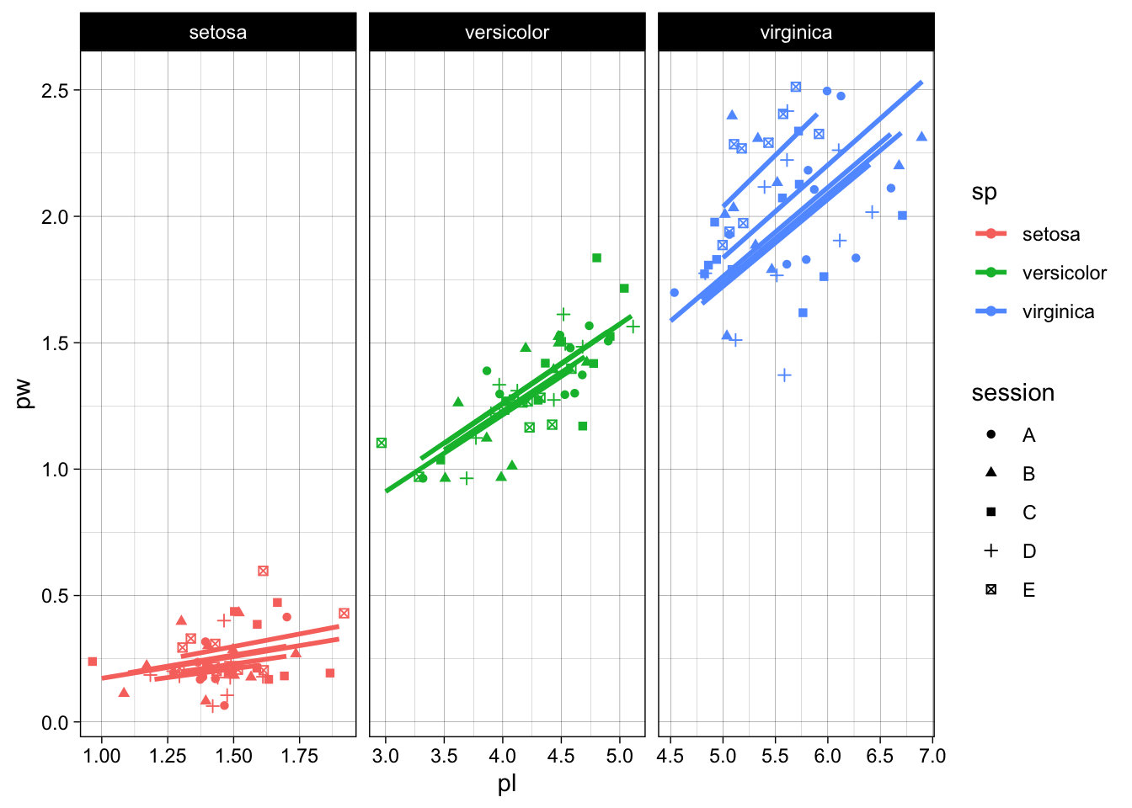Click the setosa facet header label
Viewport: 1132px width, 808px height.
point(217,33)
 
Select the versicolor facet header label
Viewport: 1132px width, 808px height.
point(506,33)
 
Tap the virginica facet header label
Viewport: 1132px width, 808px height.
point(796,33)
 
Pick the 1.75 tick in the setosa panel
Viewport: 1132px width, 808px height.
point(299,755)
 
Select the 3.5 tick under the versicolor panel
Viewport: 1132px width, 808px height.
point(444,755)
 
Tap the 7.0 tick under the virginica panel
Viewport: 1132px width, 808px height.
point(932,755)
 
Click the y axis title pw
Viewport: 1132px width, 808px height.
point(24,394)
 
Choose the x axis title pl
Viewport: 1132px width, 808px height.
point(506,784)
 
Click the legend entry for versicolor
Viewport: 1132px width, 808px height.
point(1064,273)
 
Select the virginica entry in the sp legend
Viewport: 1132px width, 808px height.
point(1058,311)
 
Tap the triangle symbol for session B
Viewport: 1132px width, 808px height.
point(990,473)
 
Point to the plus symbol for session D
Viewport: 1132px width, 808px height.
point(990,551)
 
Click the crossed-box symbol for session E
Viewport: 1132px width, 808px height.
point(990,590)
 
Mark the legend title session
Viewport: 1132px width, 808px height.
point(1012,393)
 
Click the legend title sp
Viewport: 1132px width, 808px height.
point(984,193)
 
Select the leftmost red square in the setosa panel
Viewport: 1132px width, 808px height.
point(93,662)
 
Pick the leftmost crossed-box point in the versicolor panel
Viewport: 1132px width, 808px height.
point(382,443)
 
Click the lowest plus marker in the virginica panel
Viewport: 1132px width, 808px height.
point(784,375)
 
